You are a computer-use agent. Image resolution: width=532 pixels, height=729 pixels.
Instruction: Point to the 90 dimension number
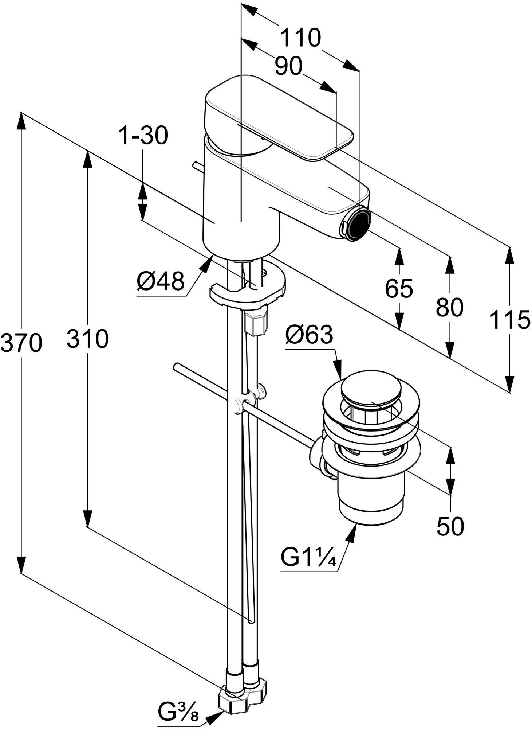(289, 67)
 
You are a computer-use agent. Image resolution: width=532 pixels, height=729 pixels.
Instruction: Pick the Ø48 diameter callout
(161, 282)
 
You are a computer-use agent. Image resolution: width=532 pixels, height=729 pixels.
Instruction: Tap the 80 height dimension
(450, 307)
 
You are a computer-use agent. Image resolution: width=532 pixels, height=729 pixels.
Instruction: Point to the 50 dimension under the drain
(450, 526)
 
